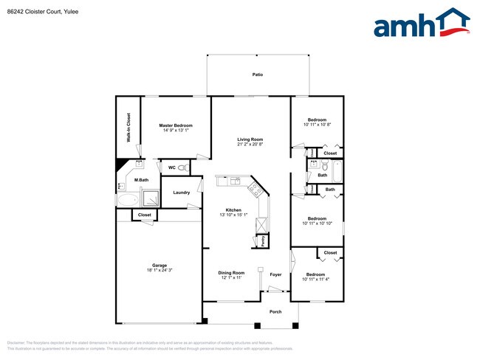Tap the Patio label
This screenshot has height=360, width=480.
257,75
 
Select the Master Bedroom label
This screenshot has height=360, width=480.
176,125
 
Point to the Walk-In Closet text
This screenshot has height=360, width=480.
128,128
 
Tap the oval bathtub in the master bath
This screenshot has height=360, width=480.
127,199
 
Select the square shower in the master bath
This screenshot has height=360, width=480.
150,198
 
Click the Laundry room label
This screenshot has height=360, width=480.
182,193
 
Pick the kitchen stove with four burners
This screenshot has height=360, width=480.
255,190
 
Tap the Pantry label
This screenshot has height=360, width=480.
263,240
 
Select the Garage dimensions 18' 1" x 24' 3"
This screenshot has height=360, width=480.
160,270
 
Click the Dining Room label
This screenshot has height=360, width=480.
232,273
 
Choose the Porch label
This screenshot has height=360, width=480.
275,311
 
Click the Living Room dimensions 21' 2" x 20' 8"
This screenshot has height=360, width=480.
250,144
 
